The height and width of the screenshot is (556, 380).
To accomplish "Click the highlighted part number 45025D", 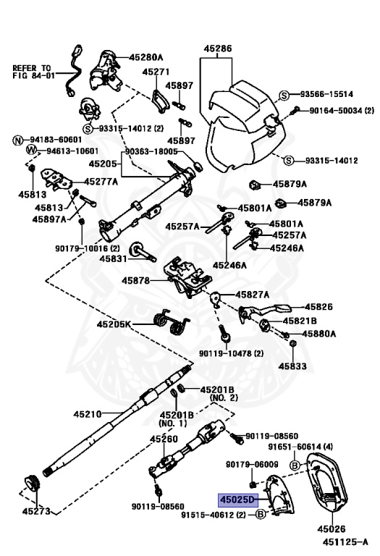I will pos(238,500).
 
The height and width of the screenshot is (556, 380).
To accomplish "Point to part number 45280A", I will pos(147,57).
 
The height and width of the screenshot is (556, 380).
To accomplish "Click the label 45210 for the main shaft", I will pos(88,414).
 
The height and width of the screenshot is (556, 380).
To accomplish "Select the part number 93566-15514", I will pos(327,95).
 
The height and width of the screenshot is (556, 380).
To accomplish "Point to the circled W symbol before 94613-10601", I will pos(30,151).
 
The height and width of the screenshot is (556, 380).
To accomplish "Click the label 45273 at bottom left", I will pos(37,512).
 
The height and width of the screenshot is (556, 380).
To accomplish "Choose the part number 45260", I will pos(163,439).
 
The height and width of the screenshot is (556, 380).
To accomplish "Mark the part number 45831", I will pos(114,258).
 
